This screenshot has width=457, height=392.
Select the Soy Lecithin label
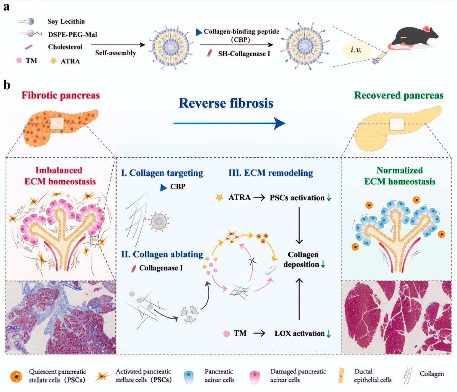[66, 21]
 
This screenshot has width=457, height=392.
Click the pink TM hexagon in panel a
[19, 61]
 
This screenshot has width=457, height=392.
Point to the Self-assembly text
[115, 53]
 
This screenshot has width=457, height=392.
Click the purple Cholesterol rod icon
[29, 47]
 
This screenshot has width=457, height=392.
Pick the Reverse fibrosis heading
[226, 103]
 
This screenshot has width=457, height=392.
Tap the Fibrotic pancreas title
[61, 95]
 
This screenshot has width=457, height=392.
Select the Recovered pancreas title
[399, 95]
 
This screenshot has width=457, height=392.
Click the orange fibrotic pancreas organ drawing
[59, 127]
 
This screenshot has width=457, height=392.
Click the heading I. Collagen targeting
[162, 173]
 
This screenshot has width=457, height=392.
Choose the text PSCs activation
[297, 197]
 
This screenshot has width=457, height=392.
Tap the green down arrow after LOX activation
[329, 333]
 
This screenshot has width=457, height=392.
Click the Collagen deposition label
[303, 260]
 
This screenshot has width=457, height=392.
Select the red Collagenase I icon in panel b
[134, 268]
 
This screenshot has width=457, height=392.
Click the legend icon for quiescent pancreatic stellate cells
[16, 376]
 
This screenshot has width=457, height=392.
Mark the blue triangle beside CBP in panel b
[163, 187]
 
